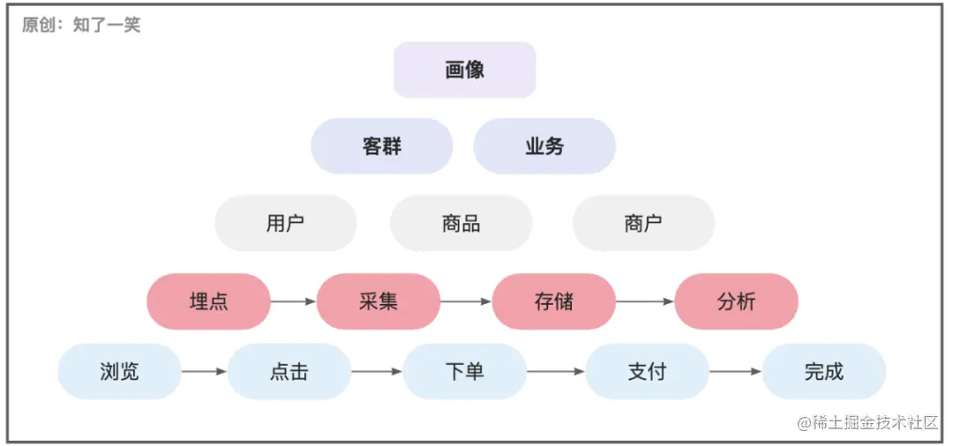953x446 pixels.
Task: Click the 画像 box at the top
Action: click(465, 70)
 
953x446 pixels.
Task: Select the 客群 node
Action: click(382, 146)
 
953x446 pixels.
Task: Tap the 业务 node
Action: click(544, 146)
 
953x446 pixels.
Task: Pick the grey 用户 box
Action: click(286, 223)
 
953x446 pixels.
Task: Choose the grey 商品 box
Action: click(461, 223)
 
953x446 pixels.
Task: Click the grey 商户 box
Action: click(643, 223)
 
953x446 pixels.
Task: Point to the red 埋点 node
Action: click(209, 301)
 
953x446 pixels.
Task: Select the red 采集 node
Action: click(379, 301)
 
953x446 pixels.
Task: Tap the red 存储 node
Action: click(554, 301)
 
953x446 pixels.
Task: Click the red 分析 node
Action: click(737, 301)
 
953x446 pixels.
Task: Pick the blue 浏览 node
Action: click(119, 371)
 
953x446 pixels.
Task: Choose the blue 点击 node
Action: click(289, 371)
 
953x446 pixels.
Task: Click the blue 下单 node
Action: click(465, 371)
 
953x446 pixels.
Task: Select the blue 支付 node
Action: click(648, 371)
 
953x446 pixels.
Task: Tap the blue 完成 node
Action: click(824, 371)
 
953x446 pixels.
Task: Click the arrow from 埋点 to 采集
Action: click(293, 301)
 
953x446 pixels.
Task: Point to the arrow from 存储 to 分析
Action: click(645, 301)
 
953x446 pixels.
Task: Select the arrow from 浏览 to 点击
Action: click(204, 371)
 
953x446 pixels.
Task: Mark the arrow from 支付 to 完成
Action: click(735, 371)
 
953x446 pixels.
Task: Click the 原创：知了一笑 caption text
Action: click(81, 25)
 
